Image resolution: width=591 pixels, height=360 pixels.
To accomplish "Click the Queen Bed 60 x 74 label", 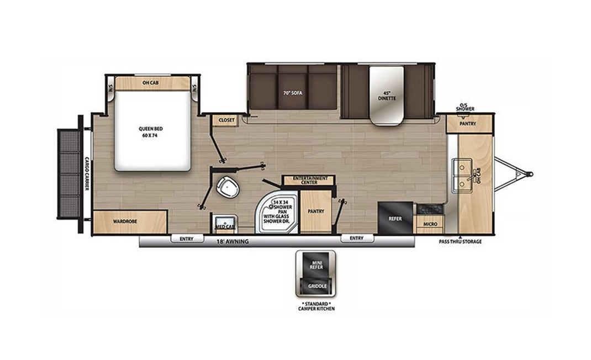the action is pos(150,132).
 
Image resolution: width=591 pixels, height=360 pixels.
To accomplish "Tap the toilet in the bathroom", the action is pos(228,187).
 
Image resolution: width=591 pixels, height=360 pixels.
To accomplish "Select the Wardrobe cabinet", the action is pos(130,222).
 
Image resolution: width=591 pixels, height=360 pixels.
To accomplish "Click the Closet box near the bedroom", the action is pos(226,120).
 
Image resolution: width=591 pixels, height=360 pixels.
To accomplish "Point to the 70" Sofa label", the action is pos(293,93).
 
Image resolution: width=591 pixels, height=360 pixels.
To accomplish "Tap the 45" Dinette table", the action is pos(387,96).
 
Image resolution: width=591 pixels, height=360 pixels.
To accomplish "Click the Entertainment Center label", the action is pos(310,180).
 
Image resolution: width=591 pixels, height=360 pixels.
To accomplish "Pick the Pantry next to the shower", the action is pos(316,211).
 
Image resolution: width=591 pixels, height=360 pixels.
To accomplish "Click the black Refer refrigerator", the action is pos(395,219).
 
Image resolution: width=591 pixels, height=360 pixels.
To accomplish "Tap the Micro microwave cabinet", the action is pos(430,224).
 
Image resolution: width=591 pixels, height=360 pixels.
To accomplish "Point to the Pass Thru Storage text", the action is pos(460,242).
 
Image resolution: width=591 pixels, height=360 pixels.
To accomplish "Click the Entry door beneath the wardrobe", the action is pos(187,239).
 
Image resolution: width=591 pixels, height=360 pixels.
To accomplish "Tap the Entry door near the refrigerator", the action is pos(357,238).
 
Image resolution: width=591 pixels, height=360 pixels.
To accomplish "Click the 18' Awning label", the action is pos(233,242).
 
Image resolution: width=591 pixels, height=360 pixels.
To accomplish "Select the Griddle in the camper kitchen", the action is pos(318,286).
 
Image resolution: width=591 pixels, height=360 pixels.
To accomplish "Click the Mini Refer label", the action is pos(316,264).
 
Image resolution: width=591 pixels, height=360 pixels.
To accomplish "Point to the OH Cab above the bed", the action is pos(150,83).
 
